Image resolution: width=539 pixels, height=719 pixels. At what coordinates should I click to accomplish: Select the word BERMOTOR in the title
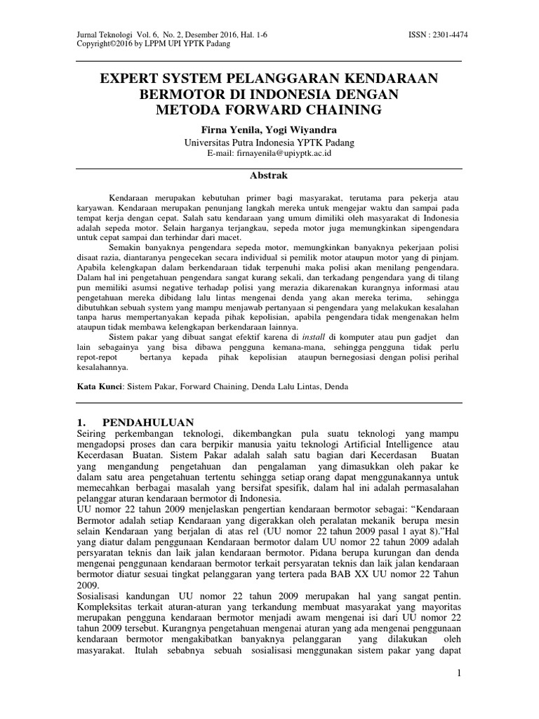pyautogui.click(x=171, y=94)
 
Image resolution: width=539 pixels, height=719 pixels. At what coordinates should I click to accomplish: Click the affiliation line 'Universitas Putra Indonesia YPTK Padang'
pyautogui.click(x=269, y=142)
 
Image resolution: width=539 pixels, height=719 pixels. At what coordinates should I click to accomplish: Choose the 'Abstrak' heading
pyautogui.click(x=269, y=175)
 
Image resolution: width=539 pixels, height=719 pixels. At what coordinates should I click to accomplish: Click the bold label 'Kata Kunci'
pyautogui.click(x=98, y=386)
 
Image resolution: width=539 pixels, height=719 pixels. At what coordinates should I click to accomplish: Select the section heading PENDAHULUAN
pyautogui.click(x=147, y=422)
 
